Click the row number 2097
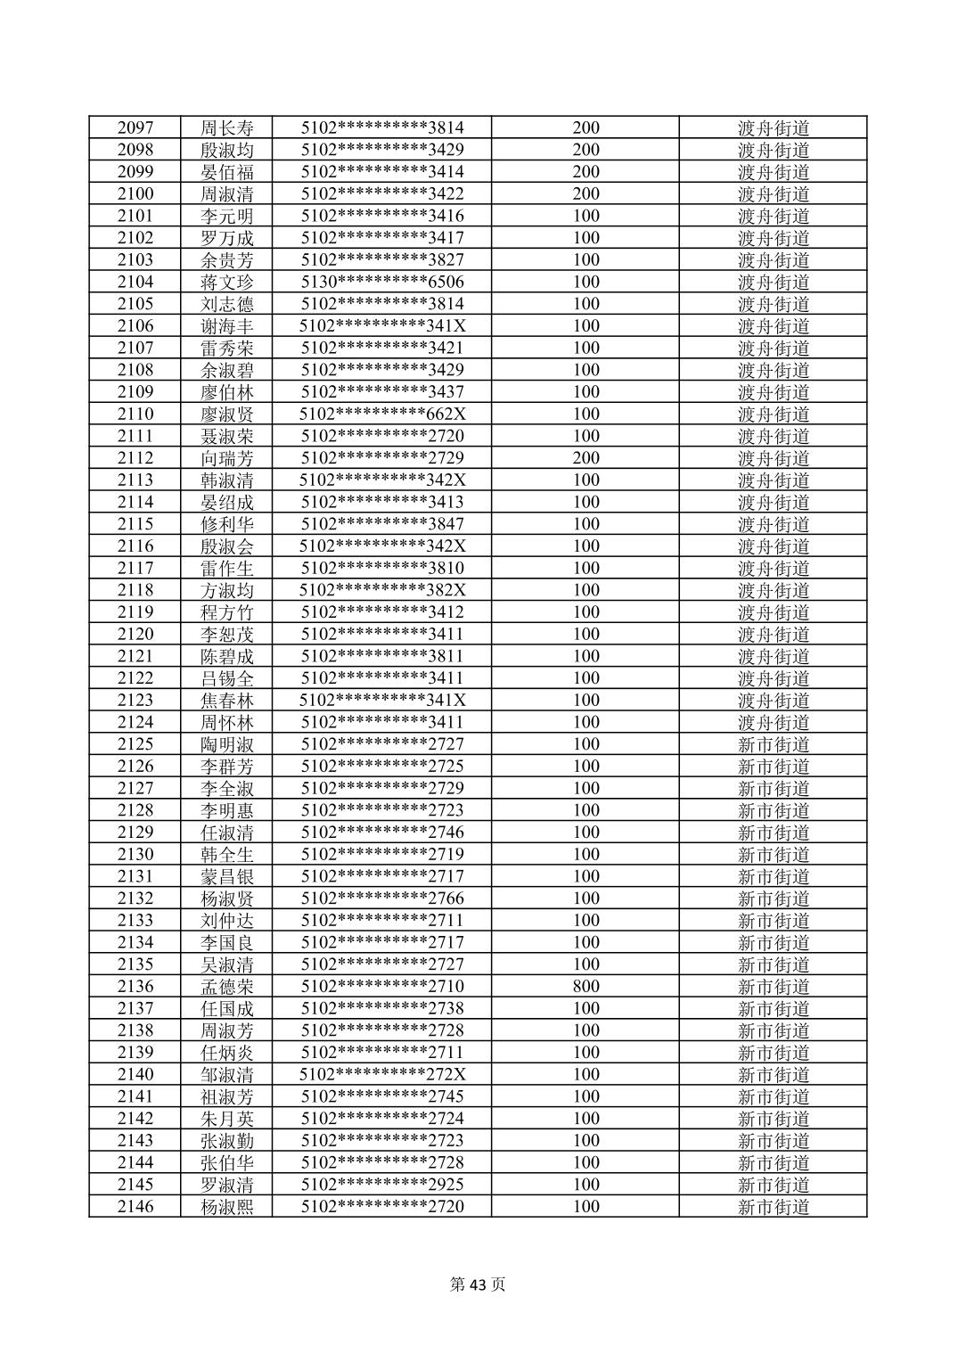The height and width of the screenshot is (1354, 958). (135, 127)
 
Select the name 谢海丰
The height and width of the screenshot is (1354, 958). (227, 326)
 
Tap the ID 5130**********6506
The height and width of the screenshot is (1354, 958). (382, 282)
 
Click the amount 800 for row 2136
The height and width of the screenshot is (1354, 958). (585, 986)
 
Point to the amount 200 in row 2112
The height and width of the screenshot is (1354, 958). (585, 458)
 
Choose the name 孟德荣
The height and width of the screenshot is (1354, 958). (227, 987)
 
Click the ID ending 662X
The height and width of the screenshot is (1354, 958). (382, 414)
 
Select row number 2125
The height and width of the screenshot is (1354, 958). (135, 744)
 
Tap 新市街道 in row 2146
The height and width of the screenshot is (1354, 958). (774, 1207)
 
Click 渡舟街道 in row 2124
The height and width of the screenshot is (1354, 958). (774, 722)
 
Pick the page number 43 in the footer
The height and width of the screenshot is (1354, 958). (479, 1284)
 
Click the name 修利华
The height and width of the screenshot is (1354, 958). (227, 524)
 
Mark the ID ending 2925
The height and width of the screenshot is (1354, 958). (382, 1185)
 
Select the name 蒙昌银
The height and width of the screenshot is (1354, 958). (227, 876)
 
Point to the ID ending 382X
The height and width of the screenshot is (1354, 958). (382, 590)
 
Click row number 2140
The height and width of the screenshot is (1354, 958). (135, 1074)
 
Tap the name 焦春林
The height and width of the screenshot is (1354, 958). (227, 701)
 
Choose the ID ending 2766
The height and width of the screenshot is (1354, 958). (382, 899)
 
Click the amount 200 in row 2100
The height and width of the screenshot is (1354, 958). (585, 193)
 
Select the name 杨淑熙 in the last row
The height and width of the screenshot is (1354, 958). (227, 1207)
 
